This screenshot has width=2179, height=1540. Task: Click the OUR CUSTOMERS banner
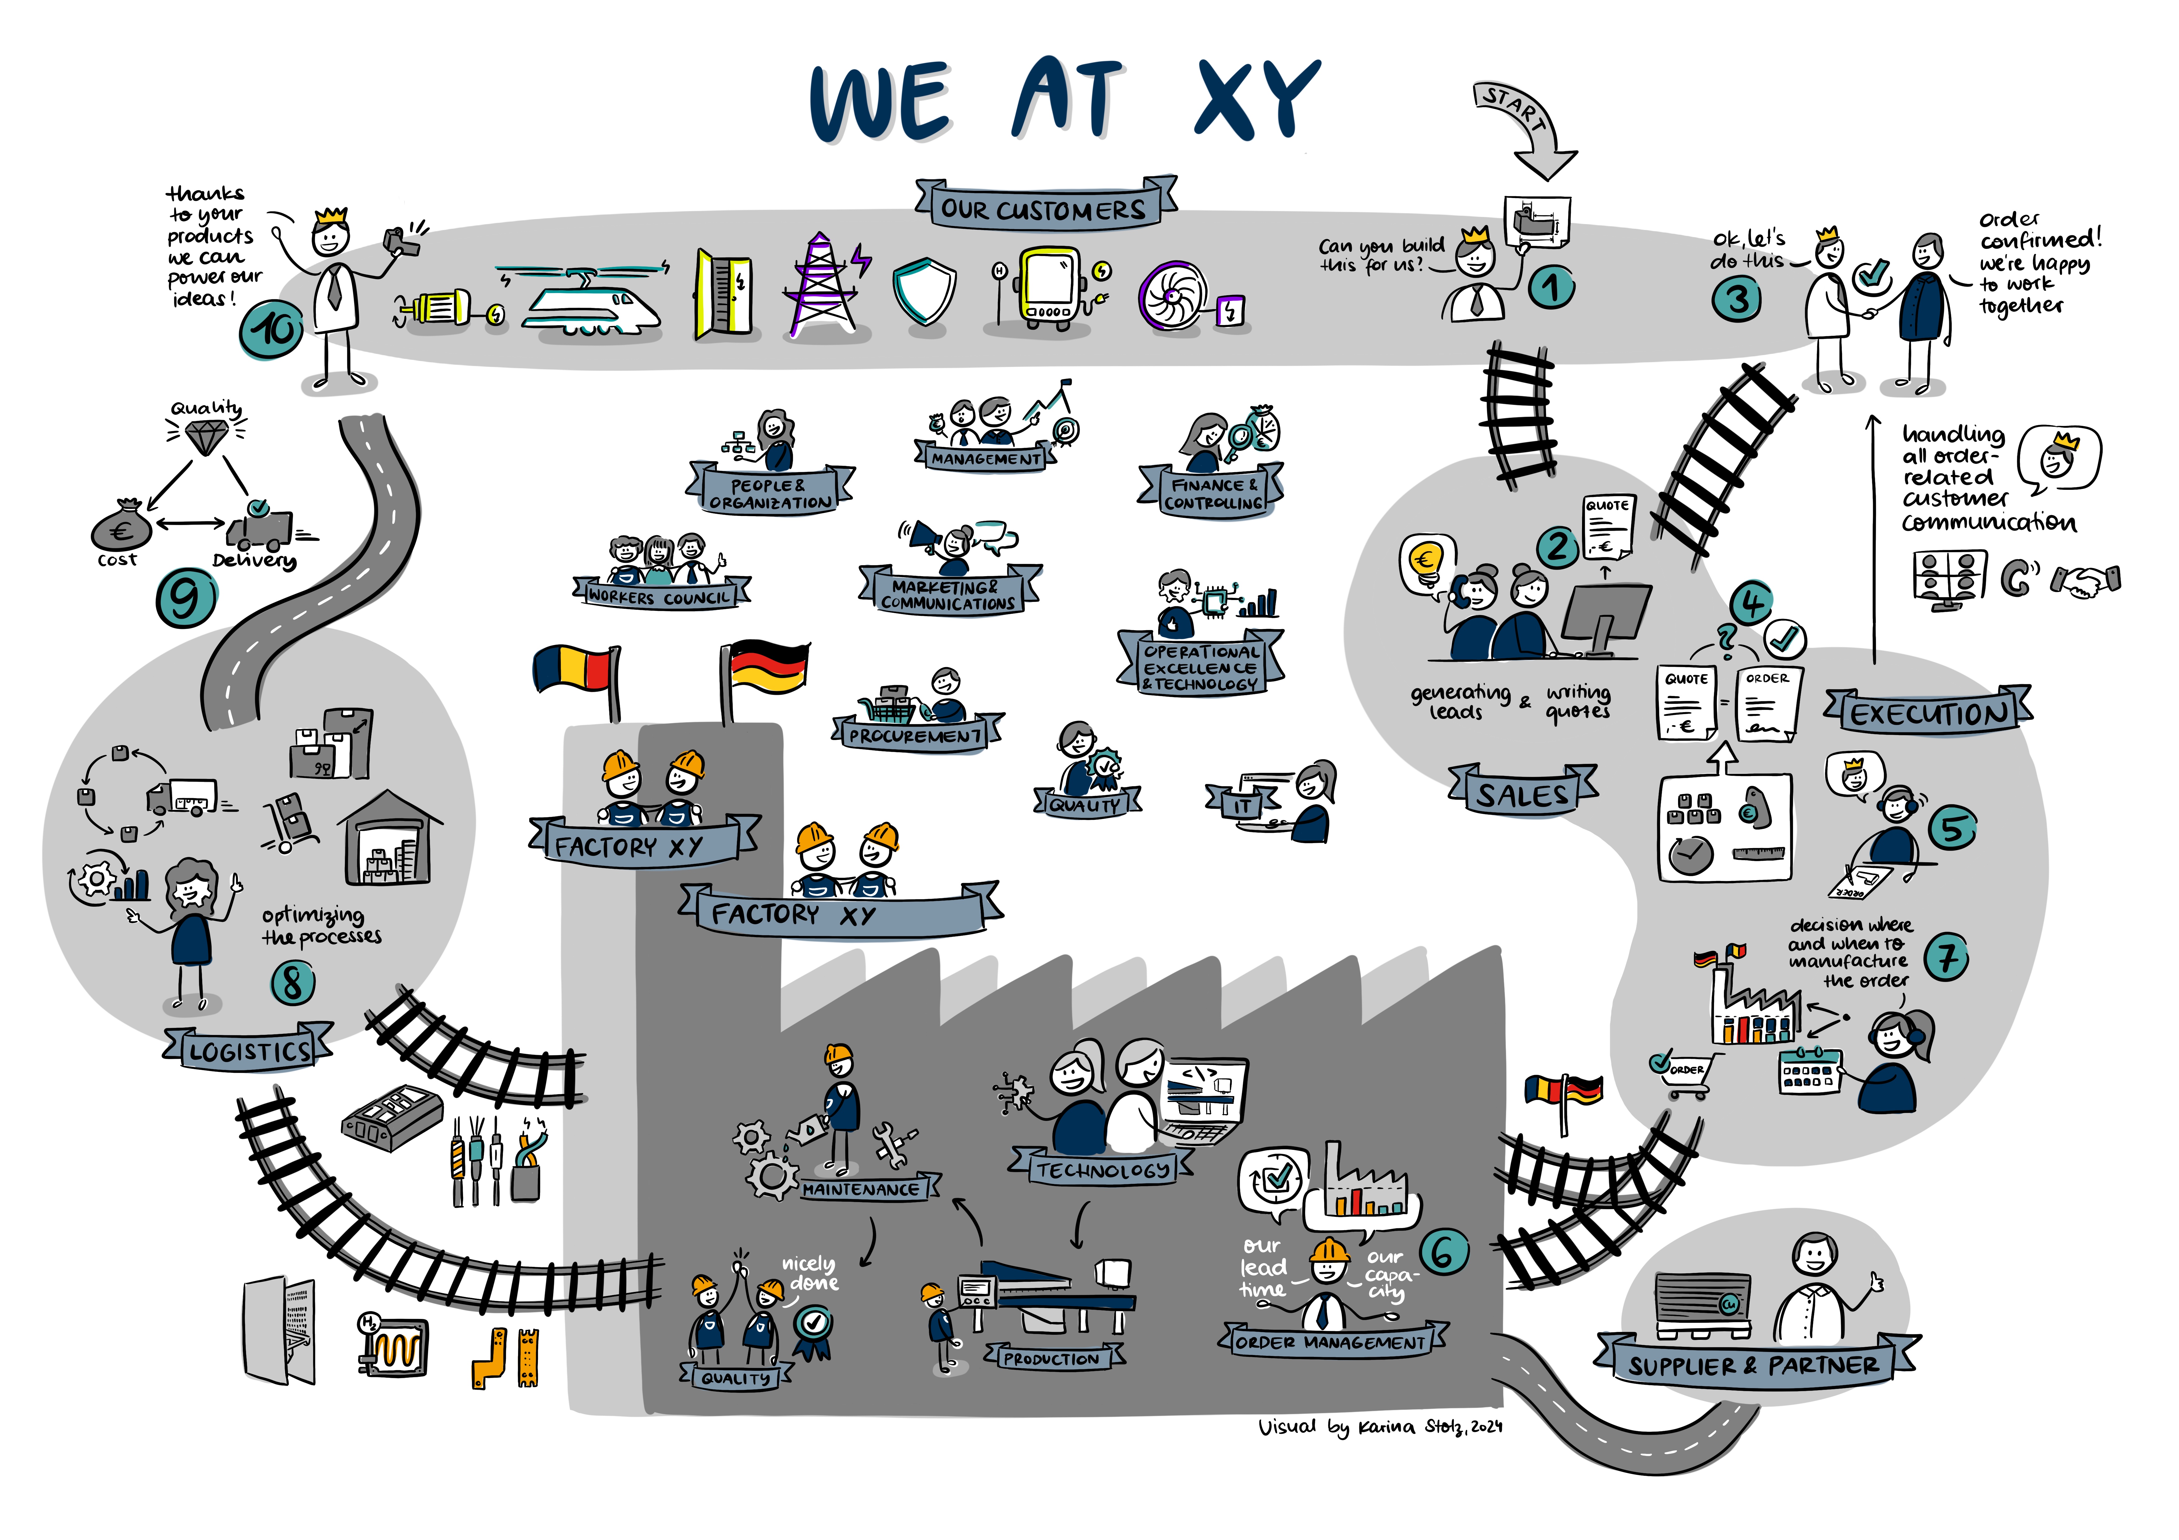[1044, 209]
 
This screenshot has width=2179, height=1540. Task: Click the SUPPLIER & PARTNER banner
[1753, 1365]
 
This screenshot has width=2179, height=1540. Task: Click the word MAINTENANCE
[861, 1189]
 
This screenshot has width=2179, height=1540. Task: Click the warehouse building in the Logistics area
[389, 838]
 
